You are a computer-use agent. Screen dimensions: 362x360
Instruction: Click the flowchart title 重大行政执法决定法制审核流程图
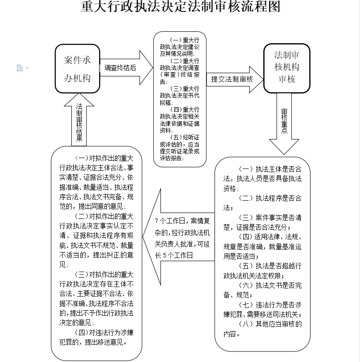click(x=180, y=7)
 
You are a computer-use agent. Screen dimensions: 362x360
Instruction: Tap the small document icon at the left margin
click(x=20, y=68)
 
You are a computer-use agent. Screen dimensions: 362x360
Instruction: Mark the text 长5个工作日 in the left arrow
click(x=174, y=256)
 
